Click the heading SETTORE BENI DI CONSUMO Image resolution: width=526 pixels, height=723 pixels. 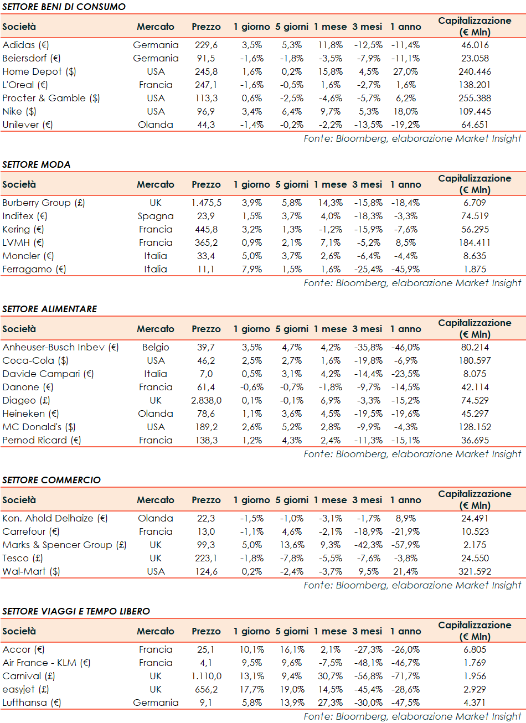click(x=64, y=7)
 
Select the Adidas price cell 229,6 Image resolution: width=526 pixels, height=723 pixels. click(x=206, y=45)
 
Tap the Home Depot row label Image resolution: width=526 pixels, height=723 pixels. click(x=39, y=71)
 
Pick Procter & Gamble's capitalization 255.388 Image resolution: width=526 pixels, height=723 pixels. click(x=475, y=98)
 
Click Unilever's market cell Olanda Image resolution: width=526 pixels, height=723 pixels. click(x=156, y=125)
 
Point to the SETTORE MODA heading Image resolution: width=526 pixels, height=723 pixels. click(x=37, y=164)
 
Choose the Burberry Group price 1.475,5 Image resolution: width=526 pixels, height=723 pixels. click(x=206, y=203)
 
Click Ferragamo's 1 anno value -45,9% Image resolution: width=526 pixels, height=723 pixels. click(x=405, y=269)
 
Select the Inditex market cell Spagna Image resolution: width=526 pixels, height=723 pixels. click(x=156, y=216)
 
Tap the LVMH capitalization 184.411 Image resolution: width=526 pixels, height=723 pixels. click(x=475, y=242)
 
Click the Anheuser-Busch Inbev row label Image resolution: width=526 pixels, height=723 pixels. click(x=60, y=347)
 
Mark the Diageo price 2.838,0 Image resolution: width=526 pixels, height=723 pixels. click(x=206, y=400)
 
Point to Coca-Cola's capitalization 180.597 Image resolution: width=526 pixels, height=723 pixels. click(x=475, y=360)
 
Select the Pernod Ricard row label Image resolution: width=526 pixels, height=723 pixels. click(x=42, y=440)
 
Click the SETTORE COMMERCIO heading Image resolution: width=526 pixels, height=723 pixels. click(x=51, y=480)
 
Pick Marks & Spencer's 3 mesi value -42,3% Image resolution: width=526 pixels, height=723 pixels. click(x=368, y=545)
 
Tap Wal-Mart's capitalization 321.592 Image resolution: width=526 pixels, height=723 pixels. click(x=475, y=571)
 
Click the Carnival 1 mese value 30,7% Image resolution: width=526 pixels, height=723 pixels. click(x=331, y=676)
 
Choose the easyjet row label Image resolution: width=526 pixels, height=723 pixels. click(x=25, y=689)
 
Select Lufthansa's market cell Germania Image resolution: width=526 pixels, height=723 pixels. click(x=156, y=703)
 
